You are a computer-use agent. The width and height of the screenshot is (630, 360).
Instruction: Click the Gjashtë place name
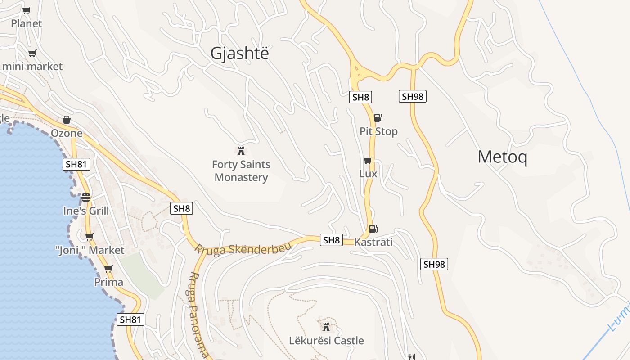(x=239, y=53)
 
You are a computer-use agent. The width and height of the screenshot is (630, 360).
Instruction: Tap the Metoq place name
(x=502, y=157)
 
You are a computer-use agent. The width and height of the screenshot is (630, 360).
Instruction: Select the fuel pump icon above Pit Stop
(x=378, y=118)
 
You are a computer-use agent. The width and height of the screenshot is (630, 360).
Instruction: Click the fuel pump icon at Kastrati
(x=373, y=229)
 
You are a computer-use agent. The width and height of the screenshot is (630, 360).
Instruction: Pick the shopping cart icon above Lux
(x=368, y=160)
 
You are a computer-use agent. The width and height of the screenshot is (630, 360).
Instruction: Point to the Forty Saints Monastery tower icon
(x=241, y=150)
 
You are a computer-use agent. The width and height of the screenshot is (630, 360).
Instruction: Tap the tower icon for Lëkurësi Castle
(x=326, y=327)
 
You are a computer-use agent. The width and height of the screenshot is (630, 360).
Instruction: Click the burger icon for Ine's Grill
(x=86, y=198)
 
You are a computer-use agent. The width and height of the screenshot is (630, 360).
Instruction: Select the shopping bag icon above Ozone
(x=67, y=120)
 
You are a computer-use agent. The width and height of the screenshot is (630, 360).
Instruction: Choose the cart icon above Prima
(x=108, y=269)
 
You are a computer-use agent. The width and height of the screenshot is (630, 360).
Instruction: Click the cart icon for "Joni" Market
(x=89, y=237)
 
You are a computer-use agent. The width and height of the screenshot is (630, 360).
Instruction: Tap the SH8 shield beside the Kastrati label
(x=331, y=240)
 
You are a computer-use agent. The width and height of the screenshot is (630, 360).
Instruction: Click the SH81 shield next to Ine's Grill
(x=76, y=164)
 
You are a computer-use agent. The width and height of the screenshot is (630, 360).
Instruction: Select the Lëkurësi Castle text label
(x=326, y=341)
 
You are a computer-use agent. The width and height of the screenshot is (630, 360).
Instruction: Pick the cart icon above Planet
(x=27, y=10)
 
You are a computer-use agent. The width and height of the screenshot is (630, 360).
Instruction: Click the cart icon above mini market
(x=32, y=54)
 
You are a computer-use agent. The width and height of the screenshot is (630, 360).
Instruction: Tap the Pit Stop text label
(x=378, y=131)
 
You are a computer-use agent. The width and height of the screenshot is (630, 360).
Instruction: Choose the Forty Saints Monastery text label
(x=241, y=171)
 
